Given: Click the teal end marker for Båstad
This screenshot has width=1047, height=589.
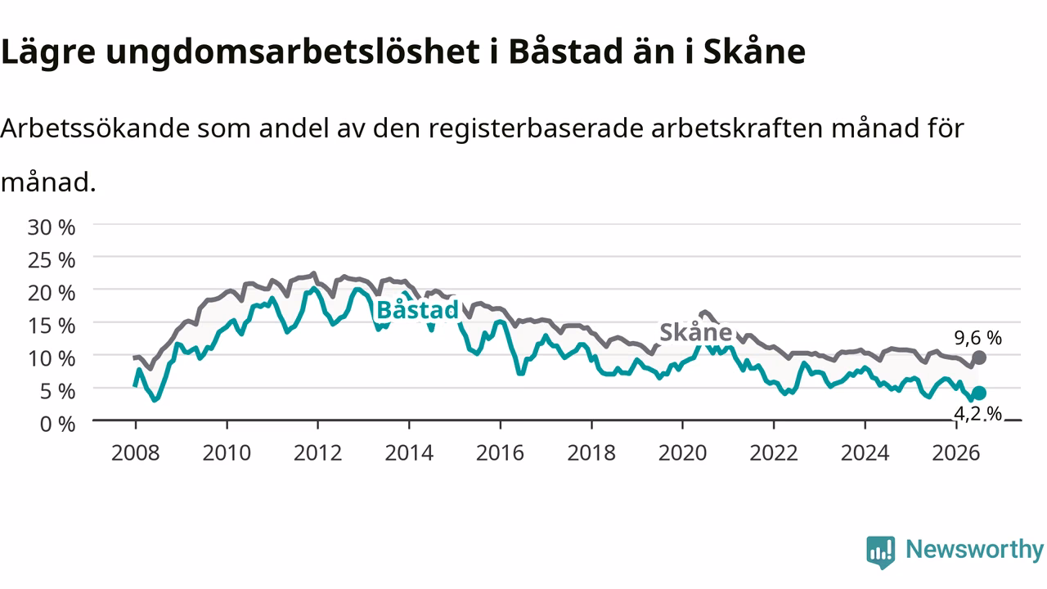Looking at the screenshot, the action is pyautogui.click(x=978, y=393).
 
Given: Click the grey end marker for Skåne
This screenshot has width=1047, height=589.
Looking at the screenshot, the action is pyautogui.click(x=979, y=357).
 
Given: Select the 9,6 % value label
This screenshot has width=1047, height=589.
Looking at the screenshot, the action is pyautogui.click(x=977, y=338).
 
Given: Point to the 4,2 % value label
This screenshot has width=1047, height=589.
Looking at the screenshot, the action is pyautogui.click(x=977, y=413).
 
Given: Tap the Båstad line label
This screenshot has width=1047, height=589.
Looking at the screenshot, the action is pyautogui.click(x=417, y=310).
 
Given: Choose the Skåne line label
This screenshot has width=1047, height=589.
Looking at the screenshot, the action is pyautogui.click(x=695, y=332).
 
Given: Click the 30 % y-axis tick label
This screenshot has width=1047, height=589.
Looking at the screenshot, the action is pyautogui.click(x=52, y=227).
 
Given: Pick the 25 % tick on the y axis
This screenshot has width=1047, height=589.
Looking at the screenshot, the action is pyautogui.click(x=52, y=260).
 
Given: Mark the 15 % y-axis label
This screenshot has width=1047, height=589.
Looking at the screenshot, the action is pyautogui.click(x=52, y=326).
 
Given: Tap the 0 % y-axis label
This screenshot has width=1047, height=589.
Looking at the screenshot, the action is pyautogui.click(x=57, y=425).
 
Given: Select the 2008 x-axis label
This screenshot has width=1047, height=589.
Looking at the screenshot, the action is pyautogui.click(x=136, y=453).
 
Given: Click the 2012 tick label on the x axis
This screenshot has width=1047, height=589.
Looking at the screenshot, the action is pyautogui.click(x=318, y=453).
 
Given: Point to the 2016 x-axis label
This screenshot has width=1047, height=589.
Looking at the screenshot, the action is pyautogui.click(x=500, y=453).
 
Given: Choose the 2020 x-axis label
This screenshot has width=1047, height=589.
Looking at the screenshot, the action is pyautogui.click(x=682, y=453).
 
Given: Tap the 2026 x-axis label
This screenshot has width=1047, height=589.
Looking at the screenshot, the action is pyautogui.click(x=956, y=453).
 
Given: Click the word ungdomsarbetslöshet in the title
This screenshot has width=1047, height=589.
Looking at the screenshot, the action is pyautogui.click(x=293, y=52).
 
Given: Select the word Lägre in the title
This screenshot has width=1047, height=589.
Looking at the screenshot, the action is pyautogui.click(x=48, y=52).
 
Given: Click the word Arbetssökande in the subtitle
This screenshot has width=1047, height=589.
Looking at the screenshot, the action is pyautogui.click(x=95, y=128).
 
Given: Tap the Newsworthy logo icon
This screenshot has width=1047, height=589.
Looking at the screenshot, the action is pyautogui.click(x=881, y=552).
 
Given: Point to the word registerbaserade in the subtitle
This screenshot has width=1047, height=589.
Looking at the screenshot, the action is pyautogui.click(x=535, y=128).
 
